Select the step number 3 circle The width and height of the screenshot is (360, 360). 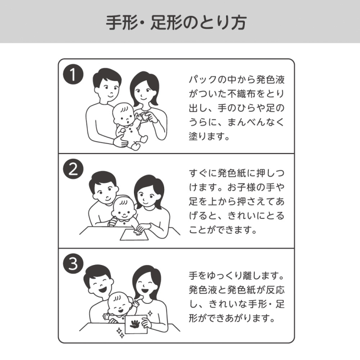(73, 263)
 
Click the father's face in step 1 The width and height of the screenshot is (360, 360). (106, 86)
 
